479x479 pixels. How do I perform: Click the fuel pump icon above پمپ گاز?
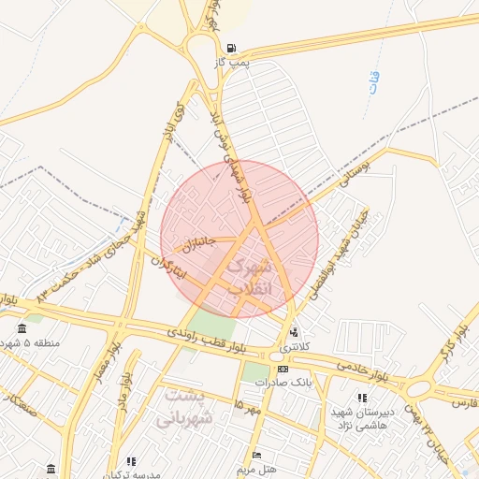[231, 48]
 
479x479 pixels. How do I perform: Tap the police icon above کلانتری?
[296, 332]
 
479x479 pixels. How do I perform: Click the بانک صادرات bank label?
[287, 383]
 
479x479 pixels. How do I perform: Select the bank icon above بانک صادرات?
[283, 370]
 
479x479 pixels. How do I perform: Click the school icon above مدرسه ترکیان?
[131, 461]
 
